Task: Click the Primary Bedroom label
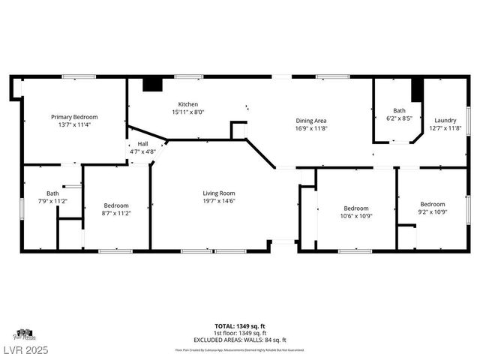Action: pos(74,117)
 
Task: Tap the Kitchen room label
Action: pos(188,104)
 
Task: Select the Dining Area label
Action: pos(310,121)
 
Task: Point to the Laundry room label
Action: pos(445,121)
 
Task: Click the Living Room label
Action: pos(219,193)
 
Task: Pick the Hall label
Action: pos(142,144)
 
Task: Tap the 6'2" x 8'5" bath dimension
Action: pos(399,118)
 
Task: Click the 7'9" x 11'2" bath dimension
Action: pos(52,201)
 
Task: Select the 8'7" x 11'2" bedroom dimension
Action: pos(116,213)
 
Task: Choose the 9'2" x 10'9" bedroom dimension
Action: pos(433,212)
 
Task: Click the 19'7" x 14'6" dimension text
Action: pos(219,200)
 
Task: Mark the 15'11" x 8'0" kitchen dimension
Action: pos(188,112)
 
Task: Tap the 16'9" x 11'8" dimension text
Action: pos(310,128)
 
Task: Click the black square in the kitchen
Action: pos(152,84)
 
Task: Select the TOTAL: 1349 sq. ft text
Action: pos(240,326)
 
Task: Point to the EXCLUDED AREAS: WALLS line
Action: pos(240,339)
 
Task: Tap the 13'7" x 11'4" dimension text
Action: pos(74,124)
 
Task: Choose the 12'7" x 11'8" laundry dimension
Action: pos(445,128)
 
